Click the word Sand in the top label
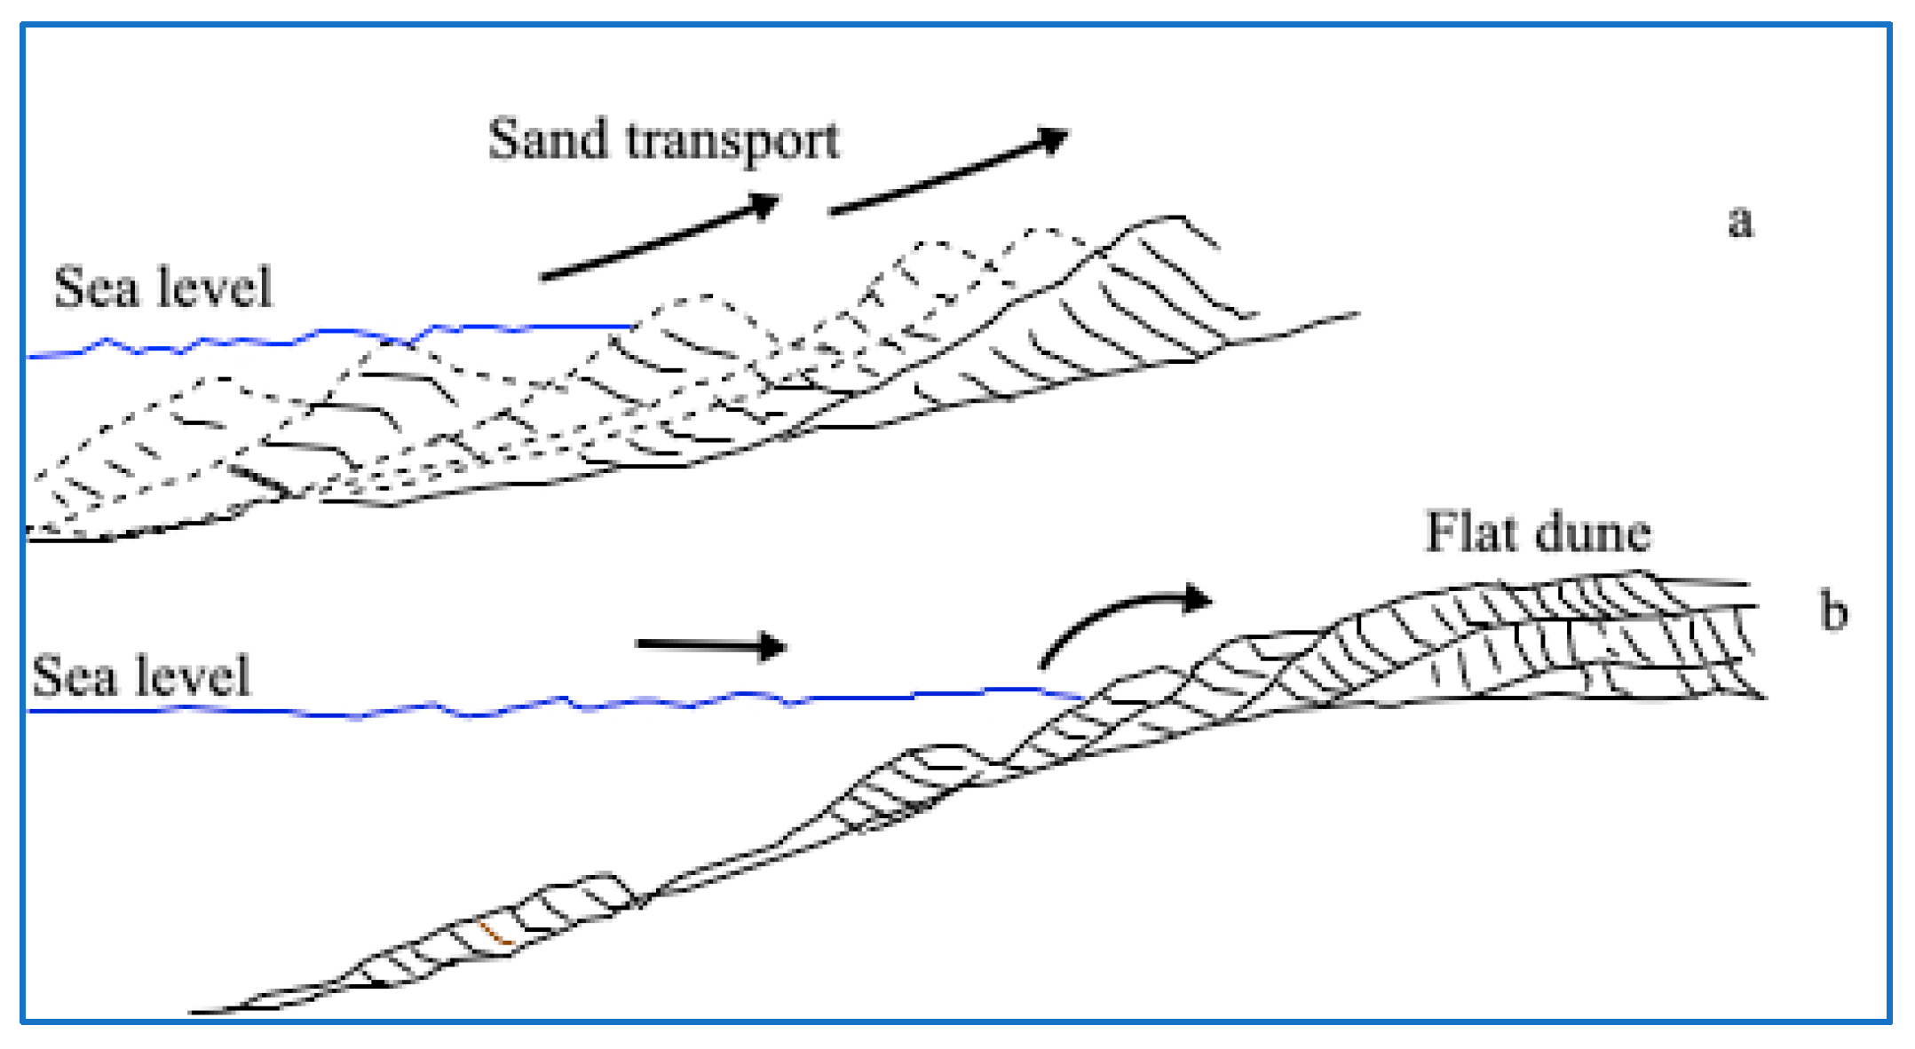[x=548, y=139]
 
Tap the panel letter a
[x=1740, y=221]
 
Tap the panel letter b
[x=1833, y=611]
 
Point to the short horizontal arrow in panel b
[x=710, y=645]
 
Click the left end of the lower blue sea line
[x=32, y=711]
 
